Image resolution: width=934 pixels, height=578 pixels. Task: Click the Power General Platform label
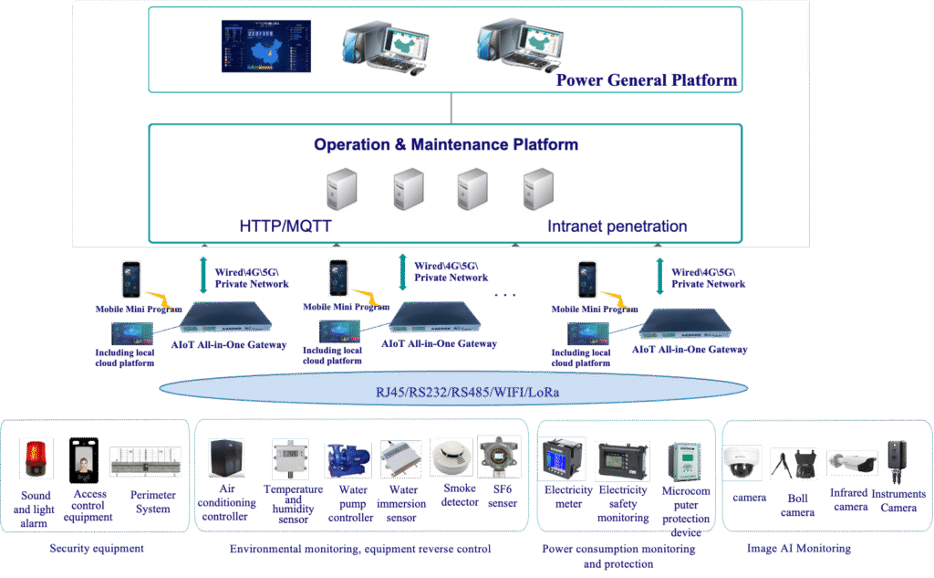coord(646,80)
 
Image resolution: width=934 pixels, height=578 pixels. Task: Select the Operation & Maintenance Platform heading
coord(446,144)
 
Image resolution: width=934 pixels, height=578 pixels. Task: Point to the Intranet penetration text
coord(617,226)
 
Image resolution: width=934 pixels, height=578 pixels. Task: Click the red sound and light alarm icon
coord(36,459)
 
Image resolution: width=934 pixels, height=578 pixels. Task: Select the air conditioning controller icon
coord(226,458)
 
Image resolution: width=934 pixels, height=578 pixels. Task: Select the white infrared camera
coord(851,464)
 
